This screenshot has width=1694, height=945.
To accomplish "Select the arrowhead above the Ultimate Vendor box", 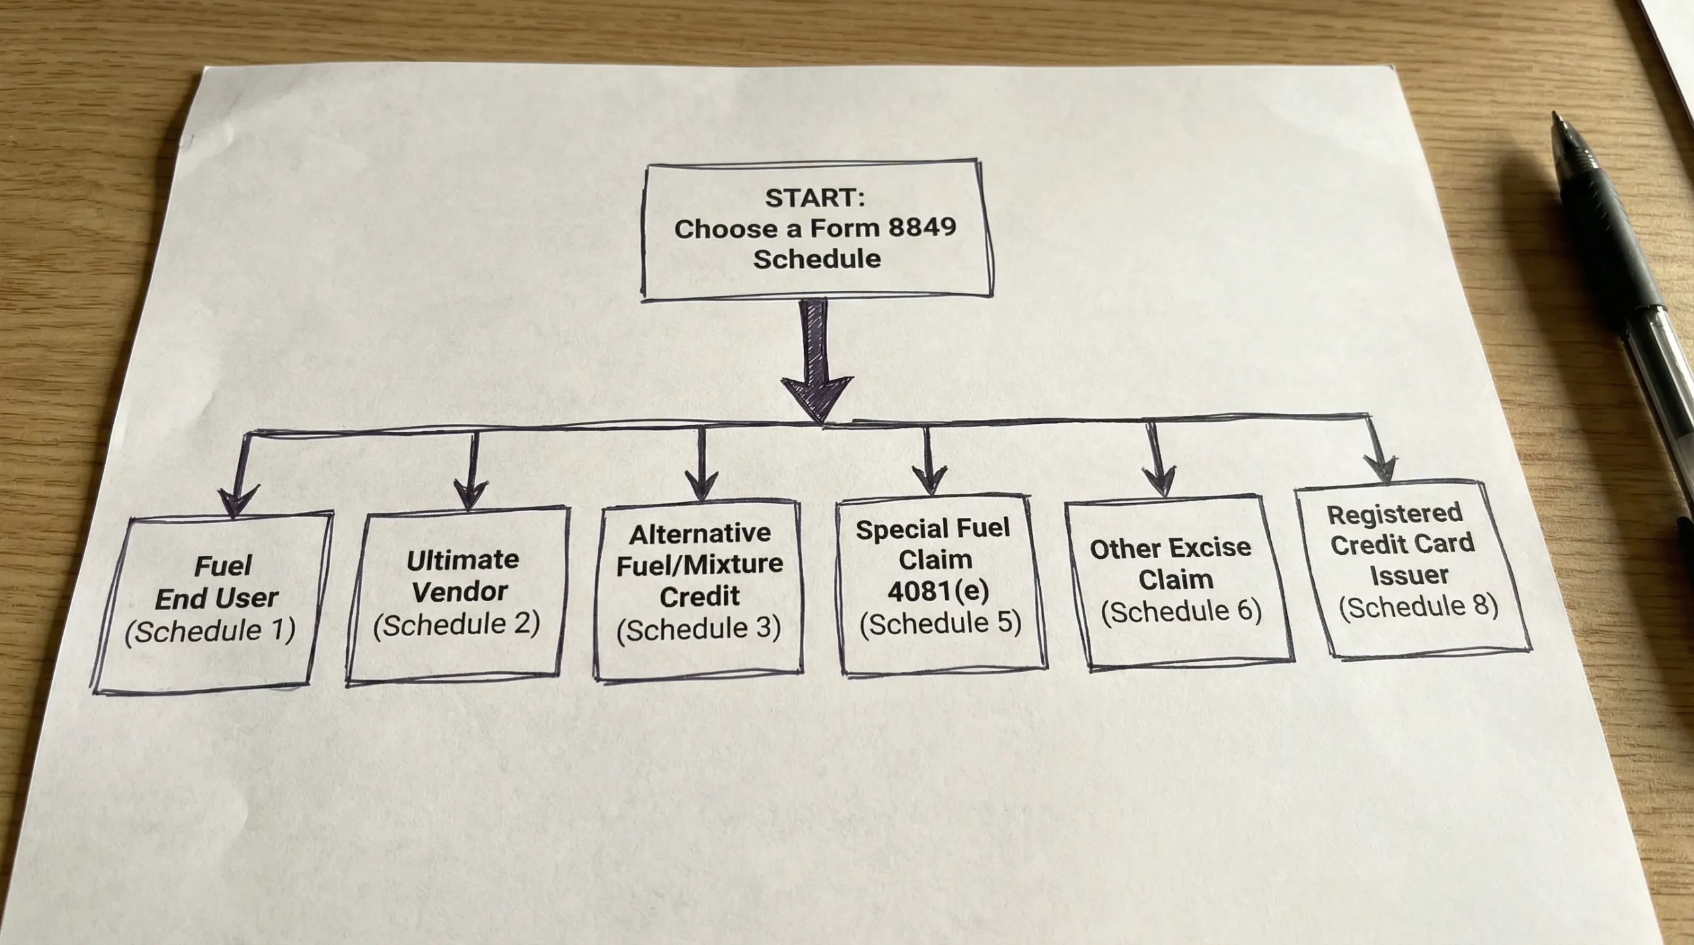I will [x=470, y=494].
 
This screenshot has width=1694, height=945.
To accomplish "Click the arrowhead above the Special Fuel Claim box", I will [x=929, y=479].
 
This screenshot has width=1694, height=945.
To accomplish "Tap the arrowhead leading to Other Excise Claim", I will [x=1160, y=481].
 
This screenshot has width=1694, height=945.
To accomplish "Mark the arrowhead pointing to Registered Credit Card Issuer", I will [x=1380, y=468].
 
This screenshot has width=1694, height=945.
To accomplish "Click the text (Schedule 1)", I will [x=210, y=631].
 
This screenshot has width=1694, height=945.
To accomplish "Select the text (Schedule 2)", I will [x=457, y=624].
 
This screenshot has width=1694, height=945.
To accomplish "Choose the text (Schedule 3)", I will [x=699, y=628].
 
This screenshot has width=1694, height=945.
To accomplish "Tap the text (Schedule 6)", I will [x=1181, y=610].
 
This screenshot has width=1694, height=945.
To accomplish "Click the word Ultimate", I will [x=463, y=560].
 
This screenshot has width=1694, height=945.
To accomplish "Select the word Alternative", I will [x=699, y=533].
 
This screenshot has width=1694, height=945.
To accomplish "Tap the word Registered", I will [x=1394, y=513].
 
